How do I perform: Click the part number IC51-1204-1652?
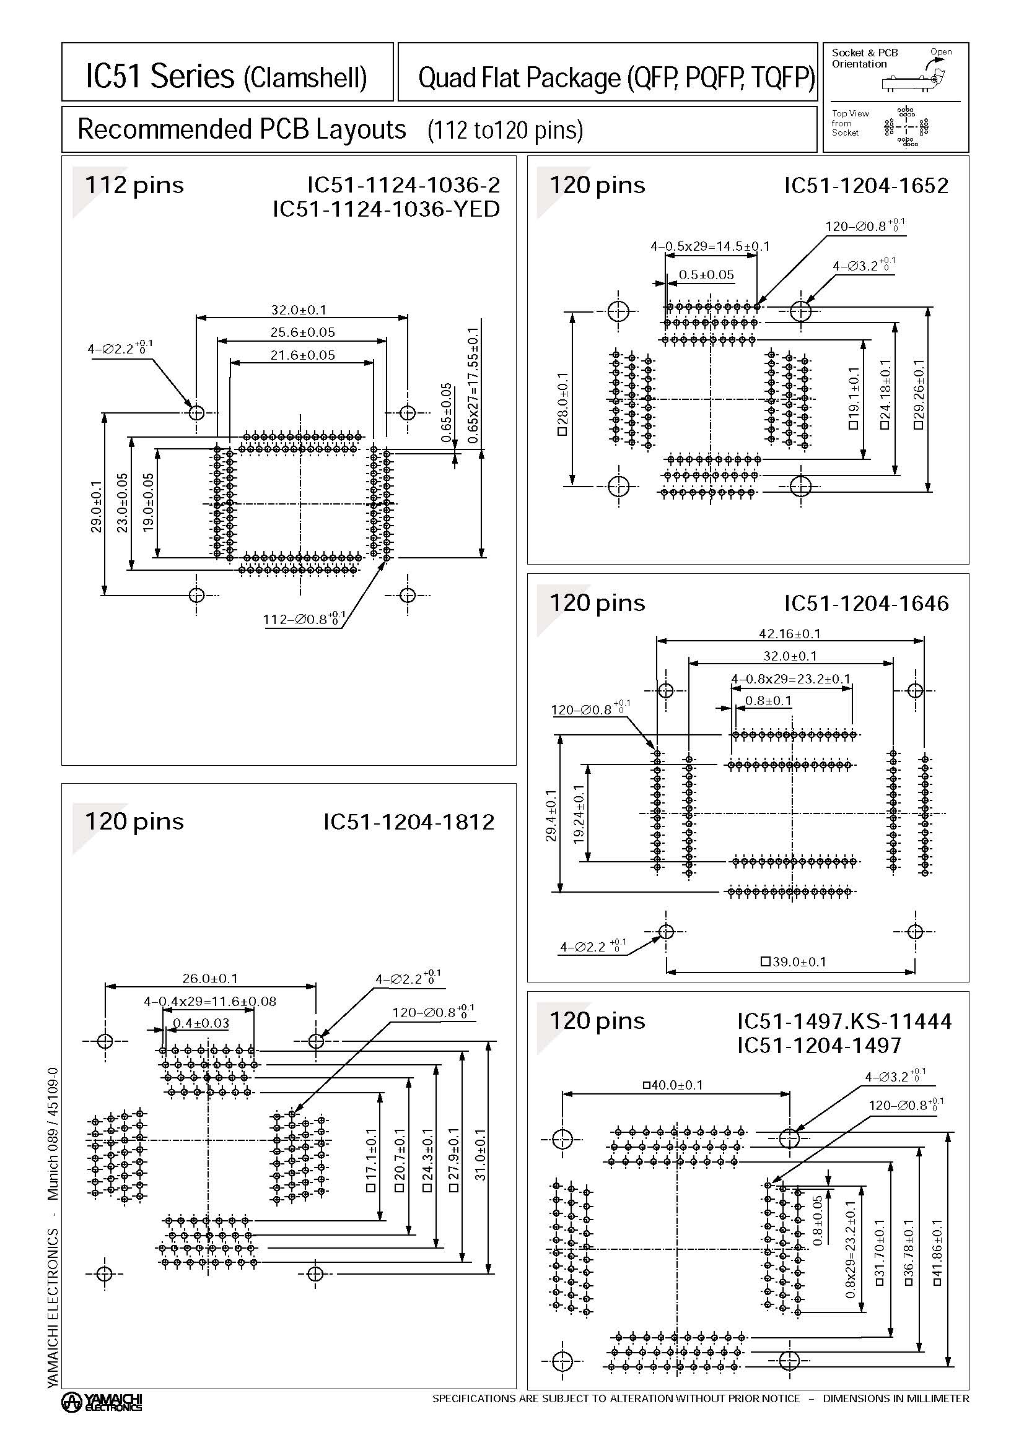(x=865, y=186)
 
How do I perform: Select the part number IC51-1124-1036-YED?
(x=386, y=209)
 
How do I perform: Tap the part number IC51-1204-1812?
(x=408, y=822)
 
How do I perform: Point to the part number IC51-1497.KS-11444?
(x=844, y=1020)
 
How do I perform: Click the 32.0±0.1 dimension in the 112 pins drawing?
(x=299, y=310)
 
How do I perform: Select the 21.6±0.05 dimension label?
(x=302, y=355)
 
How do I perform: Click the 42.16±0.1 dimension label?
(x=789, y=633)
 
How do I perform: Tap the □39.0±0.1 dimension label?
(x=793, y=962)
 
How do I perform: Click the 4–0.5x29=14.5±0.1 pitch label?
(x=710, y=246)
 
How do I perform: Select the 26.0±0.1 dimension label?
(x=210, y=978)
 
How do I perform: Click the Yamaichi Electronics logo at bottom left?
(x=102, y=1402)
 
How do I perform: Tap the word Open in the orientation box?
(x=940, y=52)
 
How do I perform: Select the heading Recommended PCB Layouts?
(x=242, y=129)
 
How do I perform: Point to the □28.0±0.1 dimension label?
(x=562, y=404)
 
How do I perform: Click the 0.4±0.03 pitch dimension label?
(x=201, y=1023)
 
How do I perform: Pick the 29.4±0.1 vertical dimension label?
(x=551, y=815)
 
